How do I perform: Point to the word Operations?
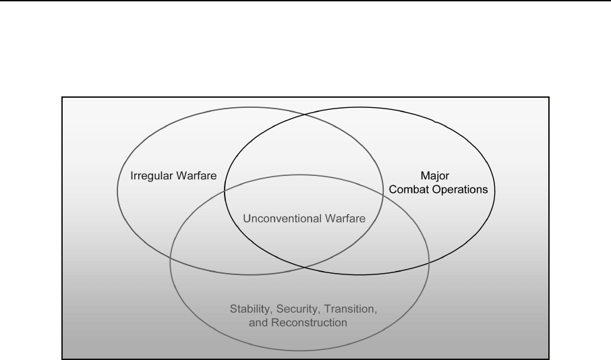tap(462, 190)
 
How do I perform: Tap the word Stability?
tap(248, 309)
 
